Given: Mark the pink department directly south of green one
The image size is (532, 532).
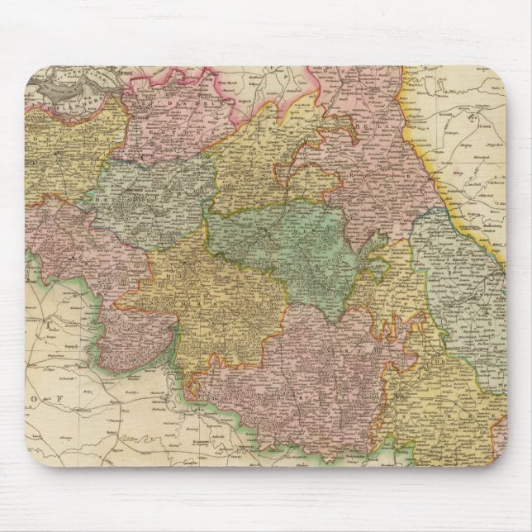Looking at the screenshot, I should (x=306, y=372).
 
